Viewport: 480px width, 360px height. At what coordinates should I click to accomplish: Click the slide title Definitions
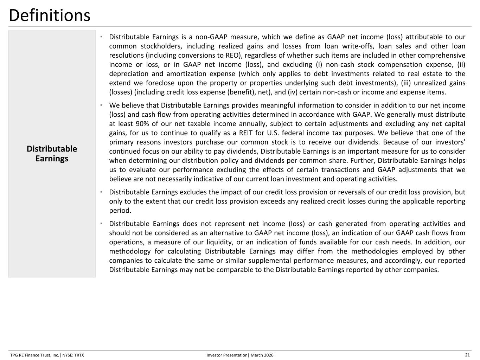(x=49, y=15)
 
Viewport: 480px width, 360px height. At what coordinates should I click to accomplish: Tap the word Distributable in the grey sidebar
(x=52, y=149)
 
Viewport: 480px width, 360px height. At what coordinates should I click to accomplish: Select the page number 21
(x=467, y=355)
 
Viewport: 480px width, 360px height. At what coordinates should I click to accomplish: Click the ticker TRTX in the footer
(x=79, y=355)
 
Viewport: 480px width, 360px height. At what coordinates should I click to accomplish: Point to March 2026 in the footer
(x=262, y=355)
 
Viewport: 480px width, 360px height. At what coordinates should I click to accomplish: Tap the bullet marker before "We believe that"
(x=101, y=105)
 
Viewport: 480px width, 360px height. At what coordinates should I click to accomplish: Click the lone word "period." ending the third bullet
(x=120, y=211)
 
